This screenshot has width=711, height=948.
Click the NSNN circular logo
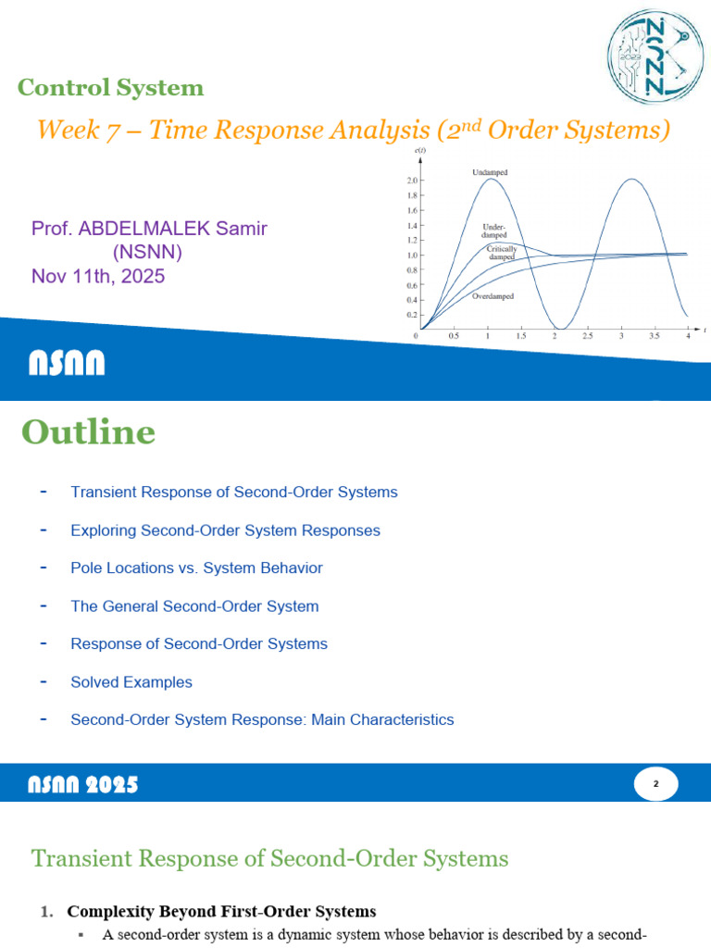click(655, 57)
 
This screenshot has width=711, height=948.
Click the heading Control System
click(110, 89)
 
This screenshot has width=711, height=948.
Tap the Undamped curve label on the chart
click(490, 173)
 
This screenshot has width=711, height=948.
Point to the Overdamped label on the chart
click(493, 296)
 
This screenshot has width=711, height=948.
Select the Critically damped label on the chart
click(501, 252)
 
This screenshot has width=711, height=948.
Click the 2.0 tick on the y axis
click(412, 181)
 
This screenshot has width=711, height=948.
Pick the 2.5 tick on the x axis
click(588, 336)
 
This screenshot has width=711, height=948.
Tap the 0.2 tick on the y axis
click(412, 314)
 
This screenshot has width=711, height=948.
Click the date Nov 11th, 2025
click(98, 275)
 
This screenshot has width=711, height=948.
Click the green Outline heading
click(88, 432)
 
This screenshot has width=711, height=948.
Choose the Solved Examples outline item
click(131, 682)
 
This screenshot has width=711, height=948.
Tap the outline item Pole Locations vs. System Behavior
click(196, 568)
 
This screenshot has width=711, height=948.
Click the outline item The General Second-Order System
click(194, 606)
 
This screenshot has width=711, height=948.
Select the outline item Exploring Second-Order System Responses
click(225, 530)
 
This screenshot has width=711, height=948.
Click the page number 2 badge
click(655, 784)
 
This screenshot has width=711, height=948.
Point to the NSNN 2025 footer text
click(82, 785)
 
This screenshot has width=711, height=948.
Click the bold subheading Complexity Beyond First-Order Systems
click(221, 911)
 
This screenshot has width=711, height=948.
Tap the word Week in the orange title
click(66, 131)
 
